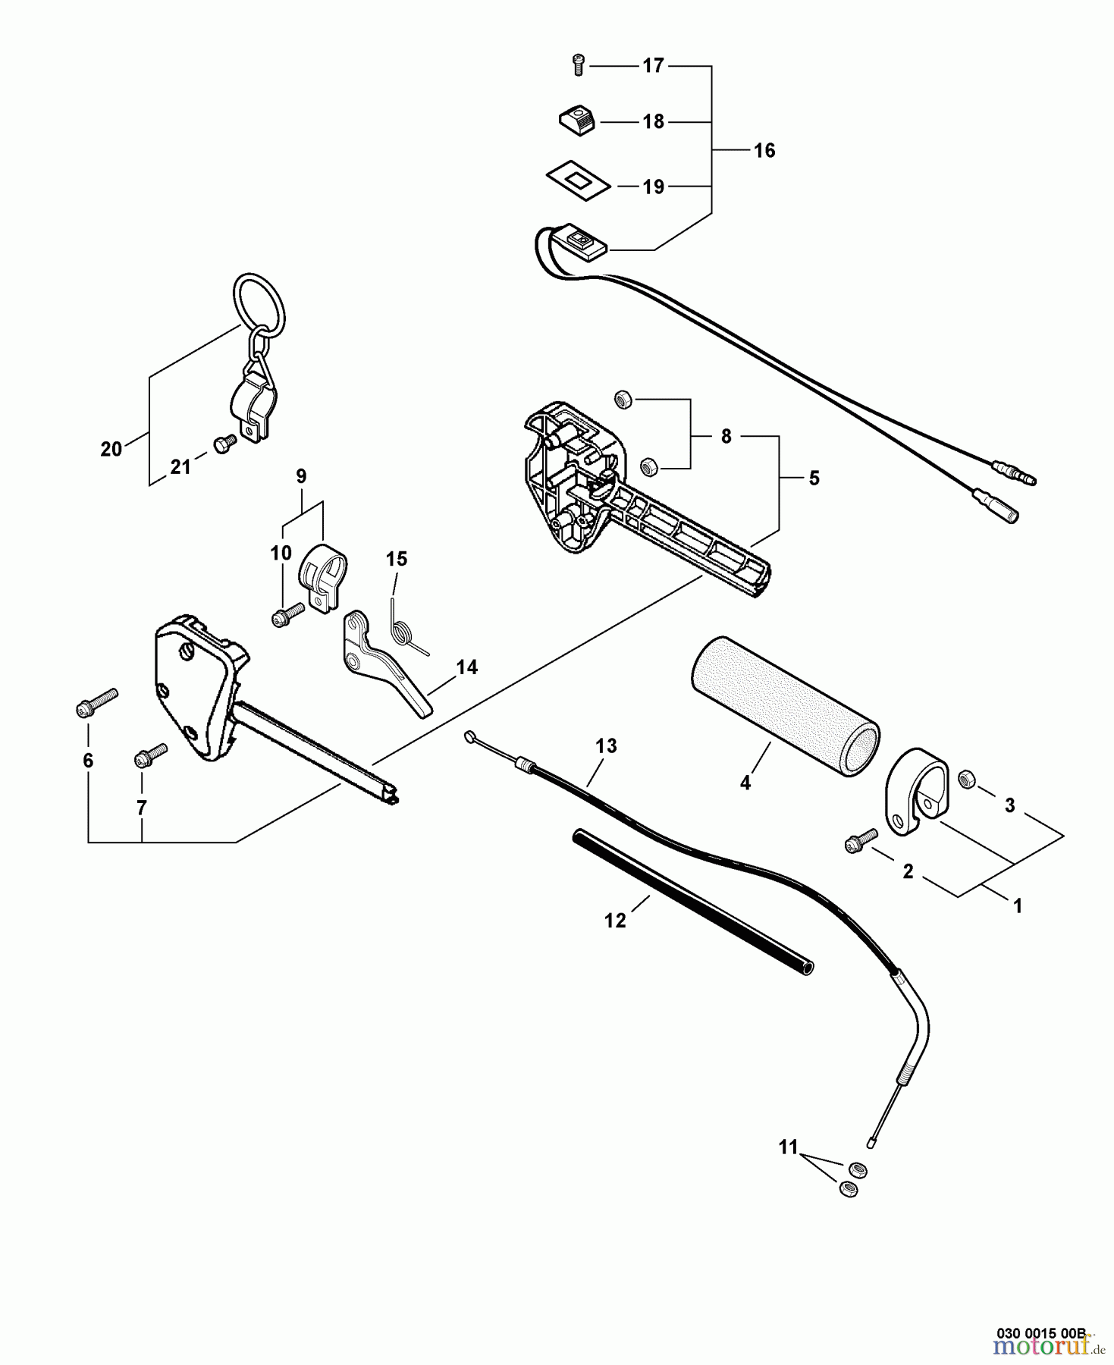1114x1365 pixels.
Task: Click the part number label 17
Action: pyautogui.click(x=653, y=66)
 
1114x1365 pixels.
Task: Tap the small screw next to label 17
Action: pyautogui.click(x=577, y=66)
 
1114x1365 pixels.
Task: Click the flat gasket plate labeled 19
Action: pyautogui.click(x=579, y=181)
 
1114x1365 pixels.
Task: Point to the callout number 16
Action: pyautogui.click(x=764, y=150)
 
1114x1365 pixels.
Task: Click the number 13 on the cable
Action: pyautogui.click(x=606, y=746)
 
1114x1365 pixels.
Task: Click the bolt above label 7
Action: pyautogui.click(x=151, y=754)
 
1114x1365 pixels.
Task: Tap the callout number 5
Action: pyautogui.click(x=814, y=478)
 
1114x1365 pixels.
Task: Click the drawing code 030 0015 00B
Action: pyautogui.click(x=1046, y=1332)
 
